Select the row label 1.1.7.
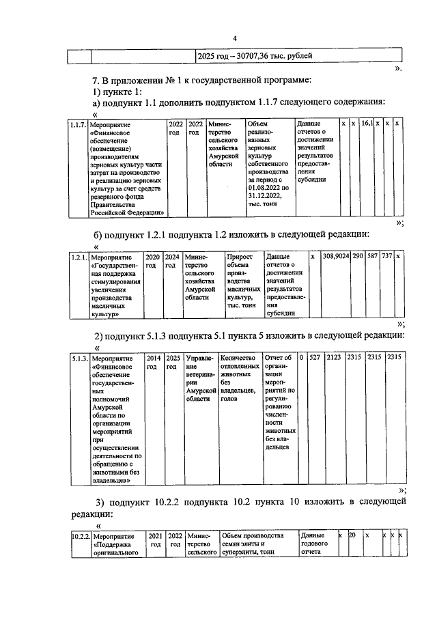pyautogui.click(x=79, y=125)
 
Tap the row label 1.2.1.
pyautogui.click(x=79, y=257)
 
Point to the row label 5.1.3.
pyautogui.click(x=79, y=358)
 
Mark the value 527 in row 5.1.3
pyautogui.click(x=314, y=357)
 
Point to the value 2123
pyautogui.click(x=335, y=357)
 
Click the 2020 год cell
pyautogui.click(x=153, y=262)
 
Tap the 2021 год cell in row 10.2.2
pyautogui.click(x=156, y=541)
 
